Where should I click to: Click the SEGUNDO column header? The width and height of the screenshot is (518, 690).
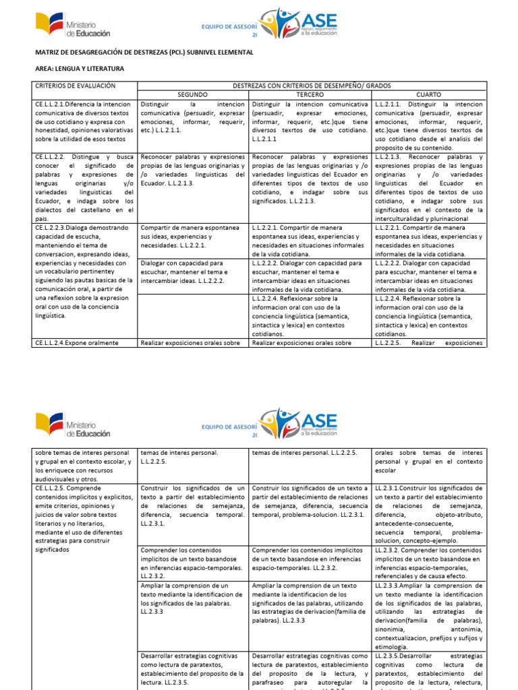pyautogui.click(x=193, y=95)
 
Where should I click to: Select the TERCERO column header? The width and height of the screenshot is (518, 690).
pyautogui.click(x=310, y=95)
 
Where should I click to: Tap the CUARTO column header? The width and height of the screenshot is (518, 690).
pyautogui.click(x=429, y=95)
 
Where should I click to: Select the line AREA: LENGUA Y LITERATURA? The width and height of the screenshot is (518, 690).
pyautogui.click(x=79, y=68)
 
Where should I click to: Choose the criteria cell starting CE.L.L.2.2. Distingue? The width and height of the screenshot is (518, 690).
pyautogui.click(x=84, y=187)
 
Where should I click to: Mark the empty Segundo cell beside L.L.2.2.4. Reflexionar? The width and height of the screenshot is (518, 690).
pyautogui.click(x=193, y=315)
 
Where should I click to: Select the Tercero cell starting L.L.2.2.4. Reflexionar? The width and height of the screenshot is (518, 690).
pyautogui.click(x=310, y=315)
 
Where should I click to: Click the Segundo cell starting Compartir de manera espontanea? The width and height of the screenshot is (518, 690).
pyautogui.click(x=193, y=237)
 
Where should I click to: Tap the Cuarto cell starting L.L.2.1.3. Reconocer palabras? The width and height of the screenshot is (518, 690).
pyautogui.click(x=429, y=187)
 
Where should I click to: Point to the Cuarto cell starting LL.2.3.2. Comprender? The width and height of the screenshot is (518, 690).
pyautogui.click(x=429, y=564)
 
